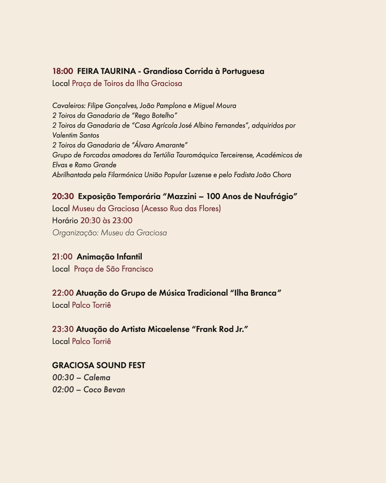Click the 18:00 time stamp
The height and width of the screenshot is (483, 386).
click(x=62, y=72)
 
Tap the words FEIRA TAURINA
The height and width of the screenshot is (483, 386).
click(x=106, y=72)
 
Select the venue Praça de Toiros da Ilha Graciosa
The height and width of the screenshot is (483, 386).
click(x=127, y=84)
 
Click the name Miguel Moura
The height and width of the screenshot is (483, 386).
click(x=215, y=106)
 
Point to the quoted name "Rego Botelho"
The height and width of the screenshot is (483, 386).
click(x=155, y=116)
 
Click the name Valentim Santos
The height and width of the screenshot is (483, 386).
click(x=76, y=135)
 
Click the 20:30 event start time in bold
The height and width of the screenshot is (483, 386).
click(x=63, y=197)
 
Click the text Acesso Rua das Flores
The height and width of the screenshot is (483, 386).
click(x=182, y=209)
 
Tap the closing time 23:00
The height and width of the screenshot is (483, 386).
click(x=122, y=221)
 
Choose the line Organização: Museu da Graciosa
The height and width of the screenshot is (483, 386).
click(x=109, y=233)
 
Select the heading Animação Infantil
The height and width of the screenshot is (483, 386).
click(x=109, y=257)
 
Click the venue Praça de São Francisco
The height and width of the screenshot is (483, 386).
click(x=114, y=269)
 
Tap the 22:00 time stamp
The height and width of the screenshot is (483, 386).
click(x=63, y=293)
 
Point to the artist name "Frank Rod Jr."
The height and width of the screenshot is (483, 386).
click(x=220, y=329)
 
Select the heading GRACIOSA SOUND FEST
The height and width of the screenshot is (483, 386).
click(x=99, y=365)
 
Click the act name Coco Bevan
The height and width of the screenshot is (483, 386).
click(x=104, y=390)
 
